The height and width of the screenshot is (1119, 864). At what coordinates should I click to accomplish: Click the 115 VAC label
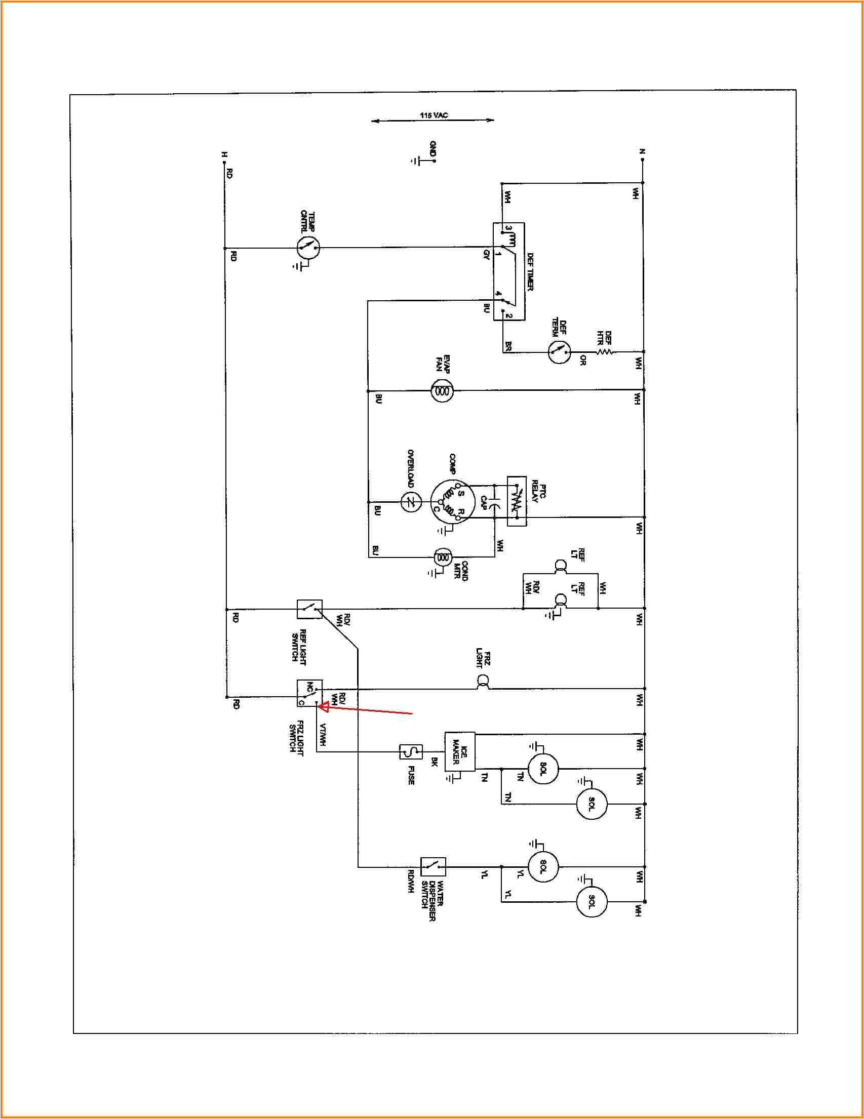coord(434,115)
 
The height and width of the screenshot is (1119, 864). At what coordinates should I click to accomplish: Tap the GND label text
coord(433,148)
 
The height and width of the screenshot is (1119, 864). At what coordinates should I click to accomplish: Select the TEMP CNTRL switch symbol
coord(308,248)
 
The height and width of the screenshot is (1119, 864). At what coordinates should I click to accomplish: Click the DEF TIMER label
coord(530,271)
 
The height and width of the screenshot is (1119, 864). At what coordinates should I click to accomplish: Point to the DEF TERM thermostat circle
coord(559,352)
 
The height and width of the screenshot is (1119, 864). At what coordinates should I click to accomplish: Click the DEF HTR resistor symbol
coord(605,351)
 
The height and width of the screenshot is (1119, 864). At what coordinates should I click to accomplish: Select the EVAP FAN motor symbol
coord(442,391)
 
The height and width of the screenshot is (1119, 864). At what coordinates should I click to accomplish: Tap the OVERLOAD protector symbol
coord(411,502)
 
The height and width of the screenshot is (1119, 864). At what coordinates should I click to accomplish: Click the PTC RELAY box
coord(517,501)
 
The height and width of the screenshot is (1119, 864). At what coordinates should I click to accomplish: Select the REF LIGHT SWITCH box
coord(309,609)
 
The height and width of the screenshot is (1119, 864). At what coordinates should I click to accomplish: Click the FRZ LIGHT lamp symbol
coord(482,682)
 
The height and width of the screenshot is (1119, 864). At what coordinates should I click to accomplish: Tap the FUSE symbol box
coord(411,751)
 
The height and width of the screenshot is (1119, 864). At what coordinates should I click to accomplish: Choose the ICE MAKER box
coord(460,751)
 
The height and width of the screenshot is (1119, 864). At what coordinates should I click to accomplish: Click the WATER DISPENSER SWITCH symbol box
coord(433,866)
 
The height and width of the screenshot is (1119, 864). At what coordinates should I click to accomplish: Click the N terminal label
coord(642,152)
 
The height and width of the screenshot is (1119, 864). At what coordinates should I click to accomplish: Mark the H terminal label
coord(224,154)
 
